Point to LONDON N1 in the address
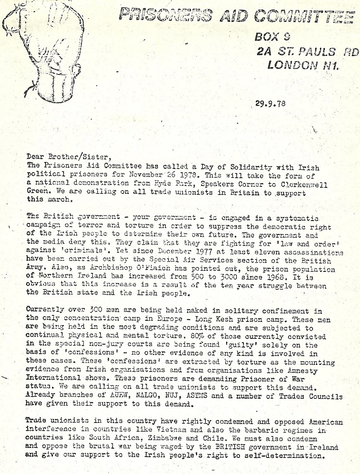coord(303,65)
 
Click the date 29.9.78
coord(270,104)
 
